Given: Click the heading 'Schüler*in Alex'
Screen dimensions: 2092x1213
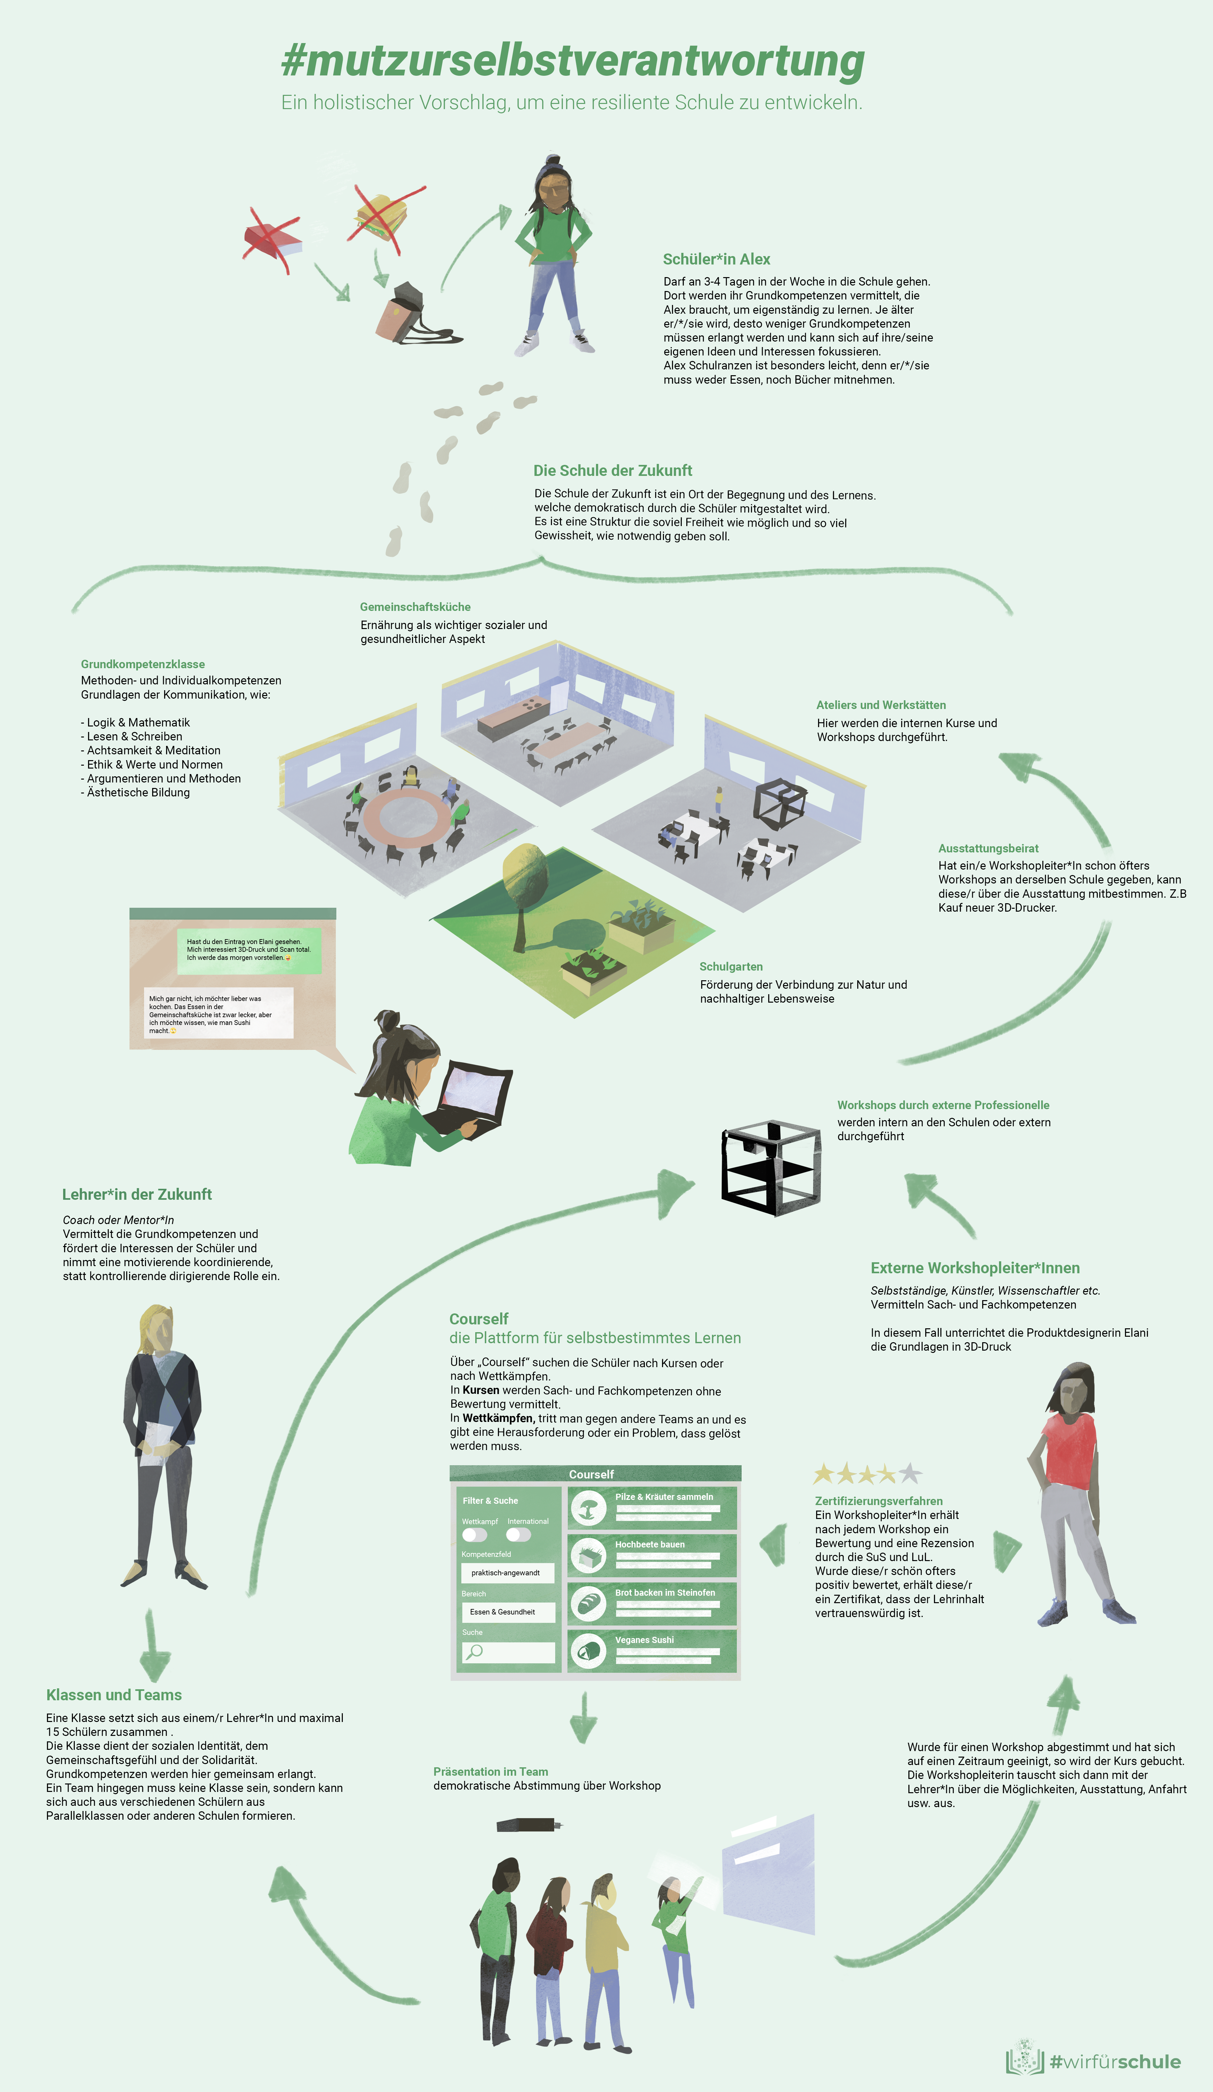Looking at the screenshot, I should click(x=716, y=259).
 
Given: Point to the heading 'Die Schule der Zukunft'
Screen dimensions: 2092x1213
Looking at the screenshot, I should click(x=613, y=471).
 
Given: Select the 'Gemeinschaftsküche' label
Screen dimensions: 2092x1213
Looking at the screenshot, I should click(x=415, y=607).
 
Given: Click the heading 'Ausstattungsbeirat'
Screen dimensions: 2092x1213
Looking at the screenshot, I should click(x=988, y=849).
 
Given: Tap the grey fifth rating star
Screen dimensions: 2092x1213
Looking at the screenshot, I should click(x=910, y=1474).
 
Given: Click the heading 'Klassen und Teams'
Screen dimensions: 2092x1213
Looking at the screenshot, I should click(x=114, y=1695).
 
